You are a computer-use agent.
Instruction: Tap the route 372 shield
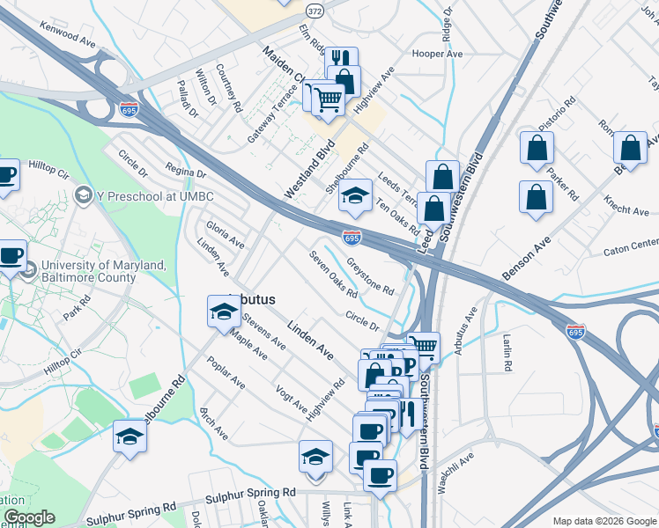(314, 9)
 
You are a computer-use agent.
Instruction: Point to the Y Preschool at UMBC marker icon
(85, 194)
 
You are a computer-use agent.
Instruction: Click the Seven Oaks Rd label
(333, 275)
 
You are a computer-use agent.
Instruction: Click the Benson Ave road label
(526, 258)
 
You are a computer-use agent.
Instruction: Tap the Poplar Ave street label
(226, 373)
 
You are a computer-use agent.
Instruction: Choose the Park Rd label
(78, 312)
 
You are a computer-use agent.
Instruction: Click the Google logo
(30, 517)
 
